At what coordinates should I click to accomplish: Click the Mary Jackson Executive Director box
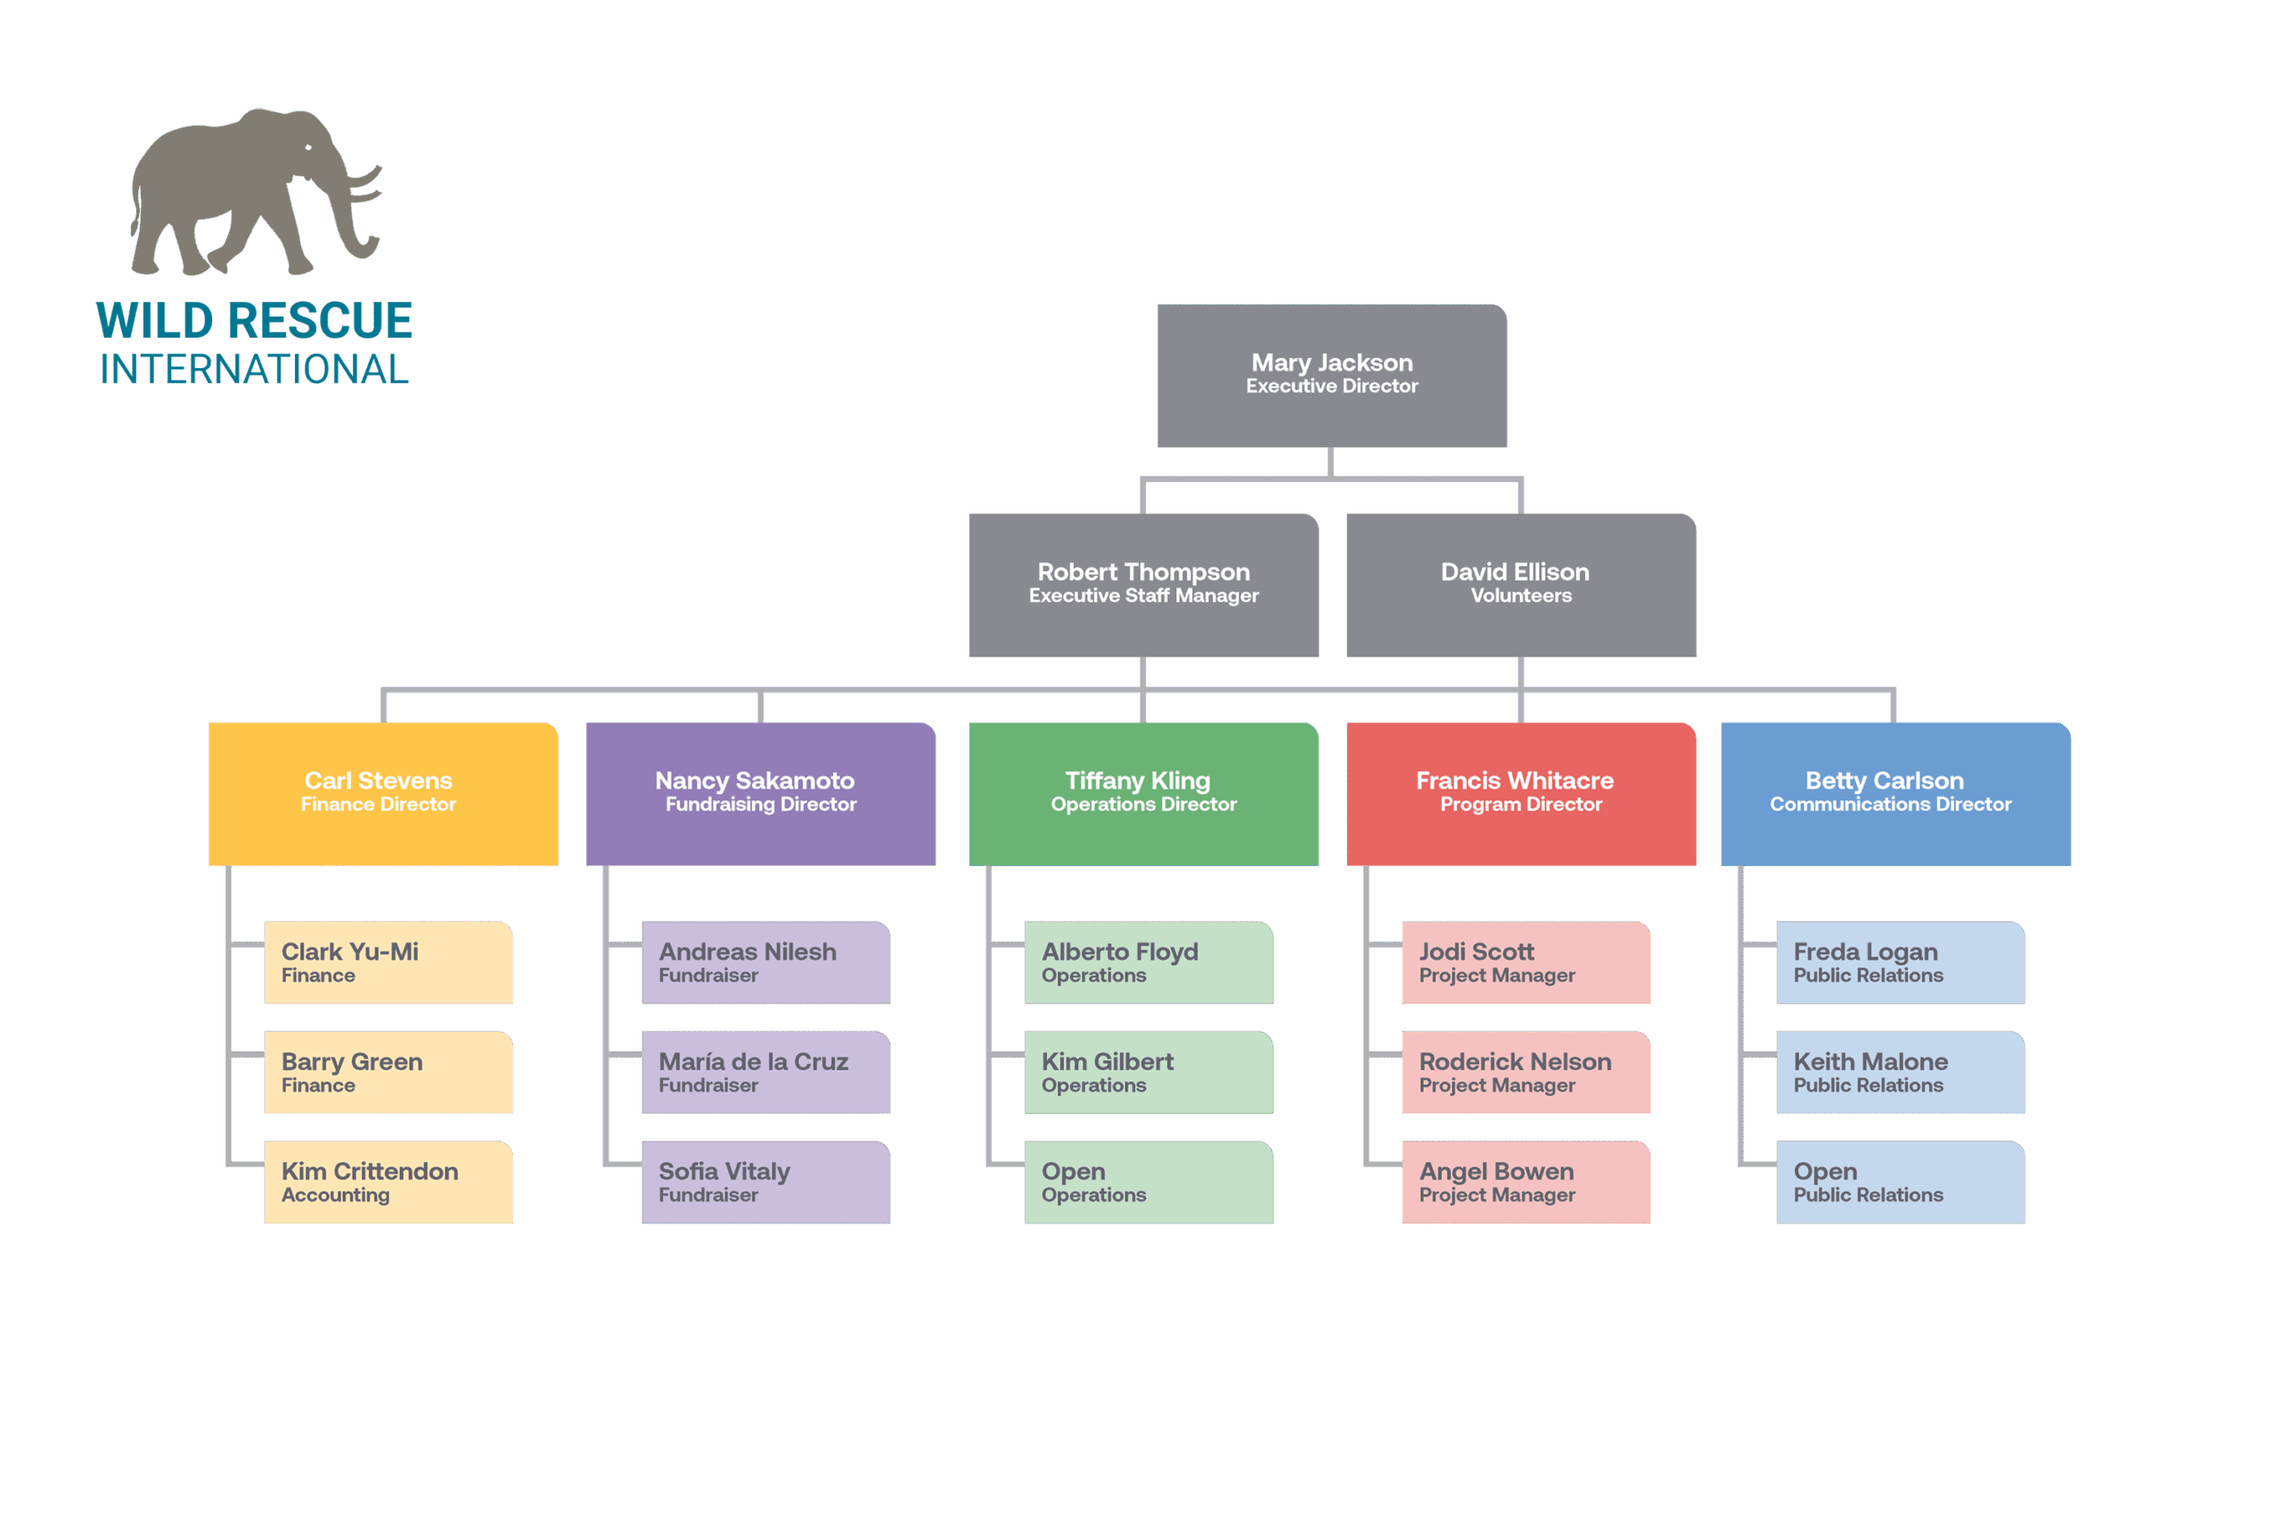coord(1331,375)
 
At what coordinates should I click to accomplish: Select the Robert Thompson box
coord(1143,585)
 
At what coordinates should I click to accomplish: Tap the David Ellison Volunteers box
coord(1521,585)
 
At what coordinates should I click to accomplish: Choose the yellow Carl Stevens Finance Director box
coord(383,794)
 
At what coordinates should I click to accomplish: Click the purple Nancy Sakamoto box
coord(760,794)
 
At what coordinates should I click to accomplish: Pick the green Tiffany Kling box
coord(1143,794)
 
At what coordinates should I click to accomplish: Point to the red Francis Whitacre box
coord(1521,794)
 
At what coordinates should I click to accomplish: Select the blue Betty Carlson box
coord(1895,794)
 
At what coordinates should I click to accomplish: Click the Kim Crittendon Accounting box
coord(388,1182)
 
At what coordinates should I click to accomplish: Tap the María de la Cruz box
coord(765,1072)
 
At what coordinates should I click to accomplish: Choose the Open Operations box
coord(1149,1182)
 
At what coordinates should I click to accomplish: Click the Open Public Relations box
coord(1900,1182)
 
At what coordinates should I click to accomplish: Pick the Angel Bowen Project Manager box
coord(1525,1182)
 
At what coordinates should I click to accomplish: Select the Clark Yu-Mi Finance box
coord(388,962)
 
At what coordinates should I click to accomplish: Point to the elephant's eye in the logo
coord(308,147)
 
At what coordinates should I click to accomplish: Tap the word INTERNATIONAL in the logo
coord(254,370)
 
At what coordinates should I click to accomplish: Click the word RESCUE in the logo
coord(320,321)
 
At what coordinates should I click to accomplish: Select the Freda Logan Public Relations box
coord(1900,962)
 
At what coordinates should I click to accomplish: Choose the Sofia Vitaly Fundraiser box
coord(765,1182)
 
